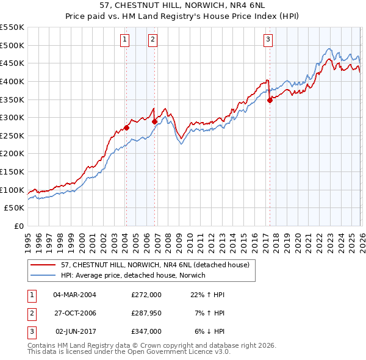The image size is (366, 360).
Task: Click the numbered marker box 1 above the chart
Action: click(124, 40)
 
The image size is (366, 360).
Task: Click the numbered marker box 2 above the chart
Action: click(152, 40)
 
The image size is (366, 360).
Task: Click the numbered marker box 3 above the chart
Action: click(268, 40)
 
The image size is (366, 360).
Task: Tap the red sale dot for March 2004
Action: click(126, 128)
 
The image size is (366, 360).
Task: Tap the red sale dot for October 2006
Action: click(154, 122)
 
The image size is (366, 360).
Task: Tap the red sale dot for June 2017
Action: click(270, 101)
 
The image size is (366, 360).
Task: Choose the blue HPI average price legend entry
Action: click(134, 276)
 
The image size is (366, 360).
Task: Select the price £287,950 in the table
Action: click(146, 313)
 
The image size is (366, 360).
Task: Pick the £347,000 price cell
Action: click(146, 331)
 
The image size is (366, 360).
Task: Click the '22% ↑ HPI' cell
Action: click(208, 295)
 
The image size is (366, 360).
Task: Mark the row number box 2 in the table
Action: click(30, 313)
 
